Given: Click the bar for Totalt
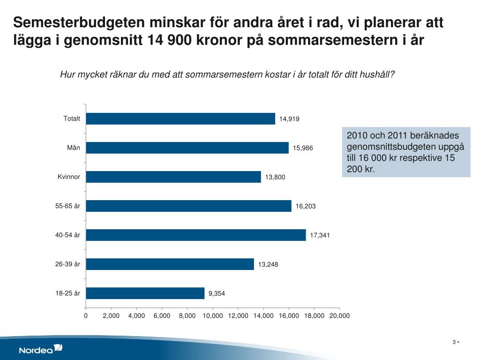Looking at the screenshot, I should click(180, 119).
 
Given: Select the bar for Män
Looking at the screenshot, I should click(187, 148).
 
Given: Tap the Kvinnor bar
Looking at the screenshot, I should click(173, 177).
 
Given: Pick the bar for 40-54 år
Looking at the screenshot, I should click(196, 235).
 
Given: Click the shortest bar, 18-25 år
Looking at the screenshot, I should click(145, 293).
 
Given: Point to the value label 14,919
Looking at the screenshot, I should click(289, 119).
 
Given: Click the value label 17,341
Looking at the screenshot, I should click(320, 235).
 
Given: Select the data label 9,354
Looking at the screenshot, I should click(217, 294).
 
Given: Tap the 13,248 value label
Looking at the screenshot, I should click(268, 264).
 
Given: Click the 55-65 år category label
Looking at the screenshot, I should click(68, 206).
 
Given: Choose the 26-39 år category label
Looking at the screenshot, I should click(68, 264).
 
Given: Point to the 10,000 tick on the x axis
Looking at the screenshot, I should click(213, 316).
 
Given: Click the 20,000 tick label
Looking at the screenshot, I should click(339, 316).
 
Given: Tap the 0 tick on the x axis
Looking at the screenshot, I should click(86, 316).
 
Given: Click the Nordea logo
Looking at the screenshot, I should click(40, 349).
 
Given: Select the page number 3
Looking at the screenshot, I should click(454, 342).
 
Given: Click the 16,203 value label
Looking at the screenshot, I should click(306, 206).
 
